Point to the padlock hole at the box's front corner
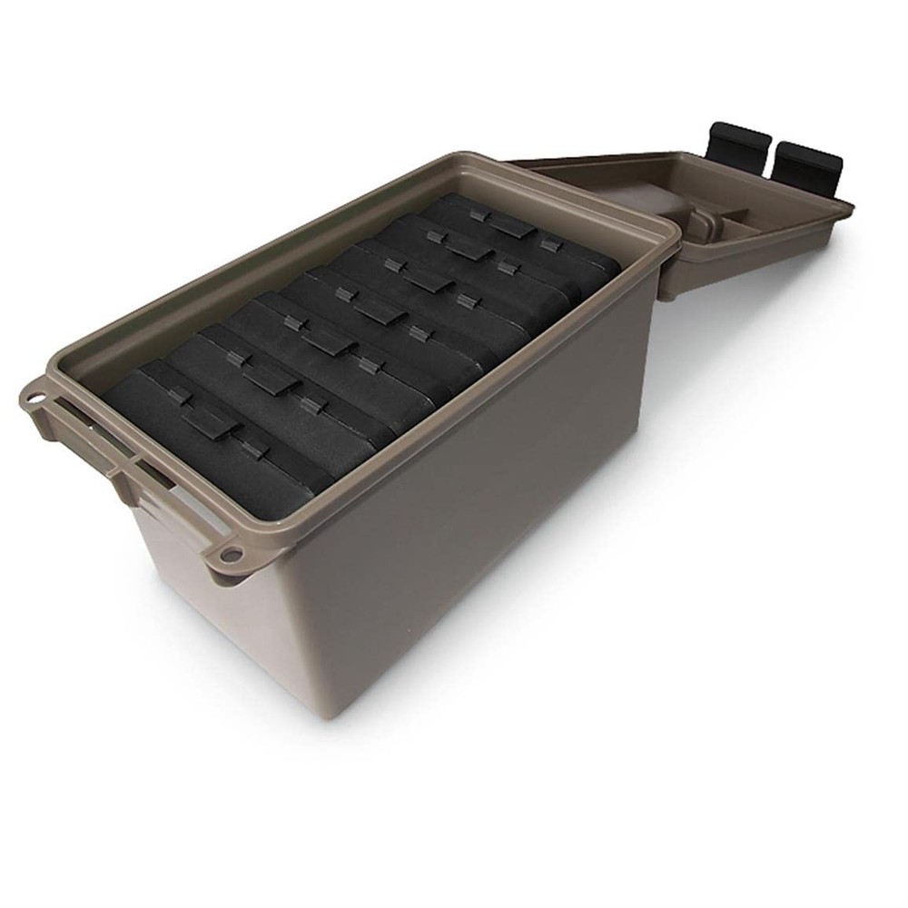(x=232, y=554)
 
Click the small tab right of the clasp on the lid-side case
(x=550, y=243)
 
